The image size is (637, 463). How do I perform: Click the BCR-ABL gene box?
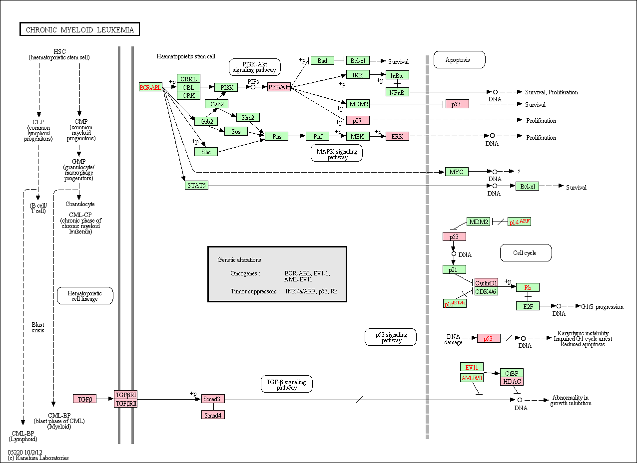pos(150,87)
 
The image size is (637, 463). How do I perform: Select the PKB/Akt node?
pos(279,87)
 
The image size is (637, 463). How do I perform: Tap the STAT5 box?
pos(196,185)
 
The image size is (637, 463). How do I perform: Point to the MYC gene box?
pos(457,172)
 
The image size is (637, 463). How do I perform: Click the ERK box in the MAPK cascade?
pos(397,136)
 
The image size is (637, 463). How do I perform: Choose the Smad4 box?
pos(213,415)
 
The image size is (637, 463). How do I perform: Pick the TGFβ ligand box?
pos(85,399)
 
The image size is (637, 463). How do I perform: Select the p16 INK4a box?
pos(455,303)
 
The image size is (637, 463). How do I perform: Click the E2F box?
pos(528,306)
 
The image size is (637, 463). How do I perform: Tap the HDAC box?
pos(512,381)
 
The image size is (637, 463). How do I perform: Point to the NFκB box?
pos(397,92)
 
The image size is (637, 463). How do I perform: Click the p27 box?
pos(358,120)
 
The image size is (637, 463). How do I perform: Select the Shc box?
pos(206,152)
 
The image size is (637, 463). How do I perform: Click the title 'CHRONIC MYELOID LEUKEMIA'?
pos(79,29)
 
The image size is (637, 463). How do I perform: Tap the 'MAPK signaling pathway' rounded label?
pos(337,153)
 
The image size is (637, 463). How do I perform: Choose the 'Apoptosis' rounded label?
pos(460,60)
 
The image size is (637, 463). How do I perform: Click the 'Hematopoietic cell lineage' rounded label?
pos(85,296)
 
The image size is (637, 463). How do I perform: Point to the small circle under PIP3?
pos(253,87)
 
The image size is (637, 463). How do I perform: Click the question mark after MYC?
pos(519,172)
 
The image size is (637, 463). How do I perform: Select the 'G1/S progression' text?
pos(603,307)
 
